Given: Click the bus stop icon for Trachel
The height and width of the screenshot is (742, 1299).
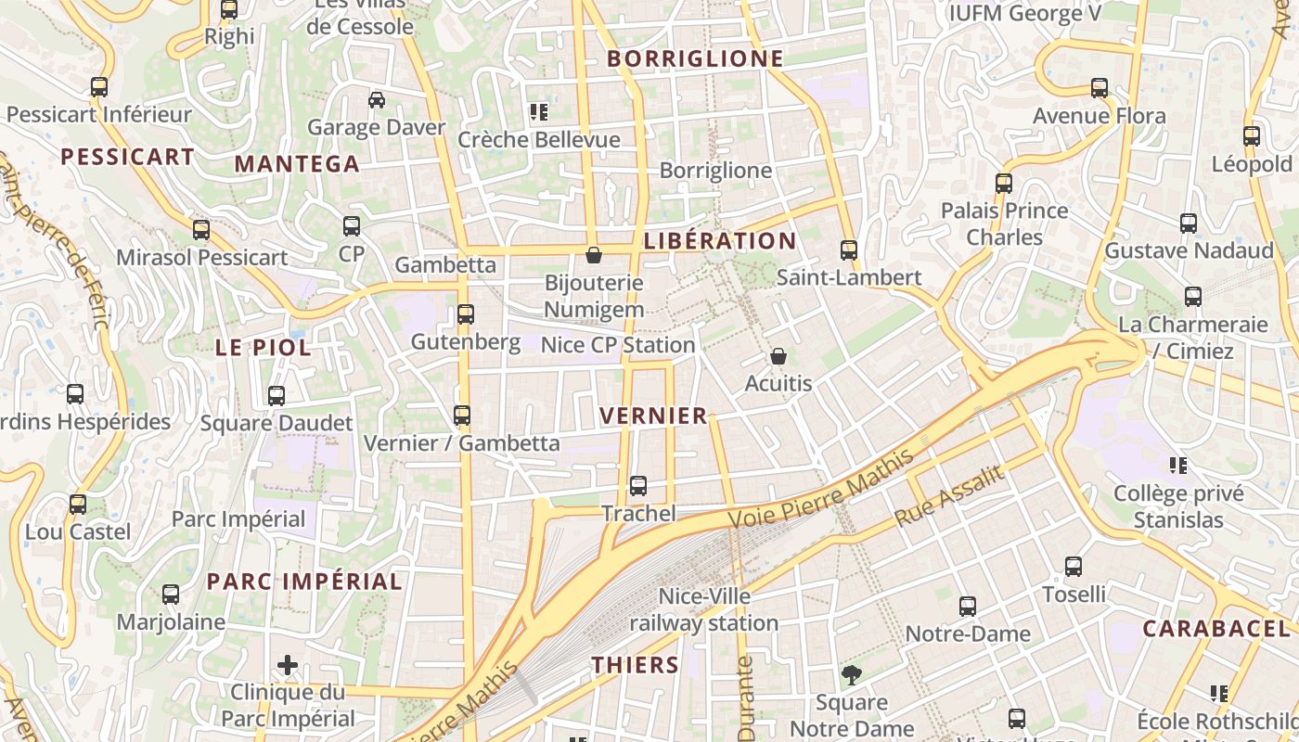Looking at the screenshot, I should (x=638, y=485).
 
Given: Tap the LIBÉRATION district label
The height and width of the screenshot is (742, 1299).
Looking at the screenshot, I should (x=720, y=241).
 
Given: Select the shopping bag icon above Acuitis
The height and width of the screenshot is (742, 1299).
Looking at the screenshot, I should (x=778, y=356).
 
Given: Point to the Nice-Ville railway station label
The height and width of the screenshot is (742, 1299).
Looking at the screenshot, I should (x=704, y=609).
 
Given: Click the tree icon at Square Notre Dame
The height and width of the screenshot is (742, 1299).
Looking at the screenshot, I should (x=851, y=674).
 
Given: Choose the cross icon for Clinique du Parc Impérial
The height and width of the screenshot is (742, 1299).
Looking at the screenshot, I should (x=288, y=664).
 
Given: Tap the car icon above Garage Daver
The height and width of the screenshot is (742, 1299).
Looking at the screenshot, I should (x=377, y=100).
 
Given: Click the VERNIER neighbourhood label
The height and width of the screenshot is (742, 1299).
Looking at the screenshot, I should (x=654, y=416).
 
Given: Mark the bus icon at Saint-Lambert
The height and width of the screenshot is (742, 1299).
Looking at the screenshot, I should (x=849, y=249).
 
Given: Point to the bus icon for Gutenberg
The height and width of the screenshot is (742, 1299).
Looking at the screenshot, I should (x=466, y=314).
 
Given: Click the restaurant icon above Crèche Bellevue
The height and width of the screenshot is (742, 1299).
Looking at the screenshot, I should (x=538, y=112).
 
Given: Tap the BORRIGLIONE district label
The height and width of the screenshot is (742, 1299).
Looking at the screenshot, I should (x=695, y=58).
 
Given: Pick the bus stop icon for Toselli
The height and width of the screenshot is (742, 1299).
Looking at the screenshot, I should (x=1074, y=566).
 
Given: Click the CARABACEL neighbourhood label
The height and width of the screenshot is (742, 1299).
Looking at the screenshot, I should (x=1215, y=629).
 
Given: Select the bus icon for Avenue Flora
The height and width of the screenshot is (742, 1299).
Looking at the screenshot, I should (x=1100, y=88).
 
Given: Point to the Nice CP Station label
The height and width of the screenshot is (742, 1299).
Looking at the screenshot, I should (x=618, y=345).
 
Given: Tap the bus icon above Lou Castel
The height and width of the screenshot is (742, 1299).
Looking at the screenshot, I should (x=78, y=505).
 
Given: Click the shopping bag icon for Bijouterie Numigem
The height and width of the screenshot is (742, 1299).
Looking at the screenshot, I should (x=594, y=254).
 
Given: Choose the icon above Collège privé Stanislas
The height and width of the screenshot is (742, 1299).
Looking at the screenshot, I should (x=1178, y=465).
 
